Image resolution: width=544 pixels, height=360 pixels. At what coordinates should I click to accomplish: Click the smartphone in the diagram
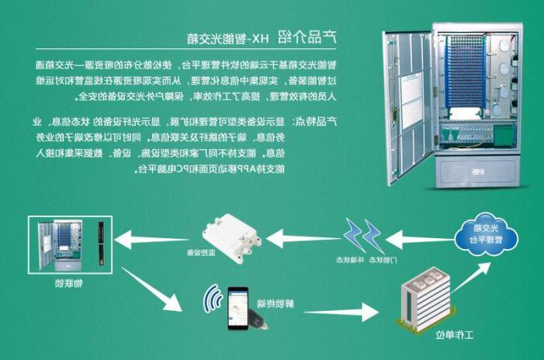(x=237, y=311)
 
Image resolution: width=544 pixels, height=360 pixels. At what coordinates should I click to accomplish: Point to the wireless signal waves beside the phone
(x=211, y=299)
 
